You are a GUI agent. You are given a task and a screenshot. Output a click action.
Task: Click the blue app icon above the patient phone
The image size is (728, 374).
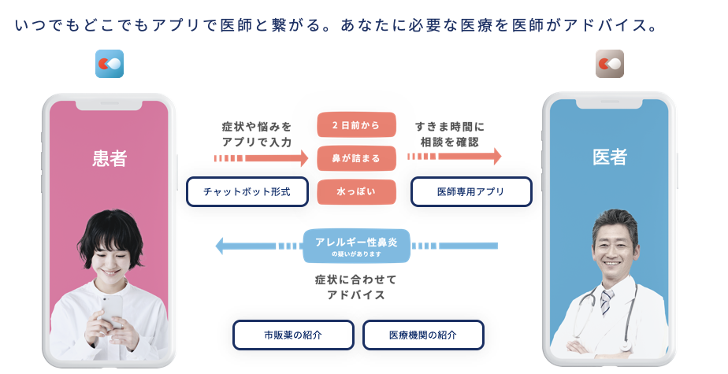110,64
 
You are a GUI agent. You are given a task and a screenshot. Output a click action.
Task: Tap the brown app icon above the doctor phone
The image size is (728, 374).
609,64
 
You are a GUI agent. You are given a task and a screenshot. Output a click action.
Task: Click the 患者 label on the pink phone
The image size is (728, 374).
110,158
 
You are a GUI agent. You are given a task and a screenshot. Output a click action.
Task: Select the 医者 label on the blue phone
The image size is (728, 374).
609,157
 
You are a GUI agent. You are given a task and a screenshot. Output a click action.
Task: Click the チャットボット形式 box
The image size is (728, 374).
247,191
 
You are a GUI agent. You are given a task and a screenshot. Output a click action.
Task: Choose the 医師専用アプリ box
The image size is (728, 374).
471,191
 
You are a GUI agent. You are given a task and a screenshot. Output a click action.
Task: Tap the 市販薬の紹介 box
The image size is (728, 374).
293,335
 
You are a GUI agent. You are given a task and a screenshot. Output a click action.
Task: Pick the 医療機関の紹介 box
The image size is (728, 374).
423,335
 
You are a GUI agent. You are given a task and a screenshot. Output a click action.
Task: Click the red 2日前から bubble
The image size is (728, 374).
356,124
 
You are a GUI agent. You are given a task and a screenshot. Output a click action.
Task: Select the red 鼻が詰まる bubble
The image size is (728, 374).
356,158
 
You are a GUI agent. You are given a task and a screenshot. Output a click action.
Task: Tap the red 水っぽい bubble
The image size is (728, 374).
356,191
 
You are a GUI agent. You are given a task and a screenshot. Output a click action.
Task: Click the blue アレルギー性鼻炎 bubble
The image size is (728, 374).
356,245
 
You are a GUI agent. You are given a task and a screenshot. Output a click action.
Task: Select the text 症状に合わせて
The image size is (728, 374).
356,280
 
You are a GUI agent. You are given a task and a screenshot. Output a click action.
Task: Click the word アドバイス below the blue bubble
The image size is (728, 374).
356,295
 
